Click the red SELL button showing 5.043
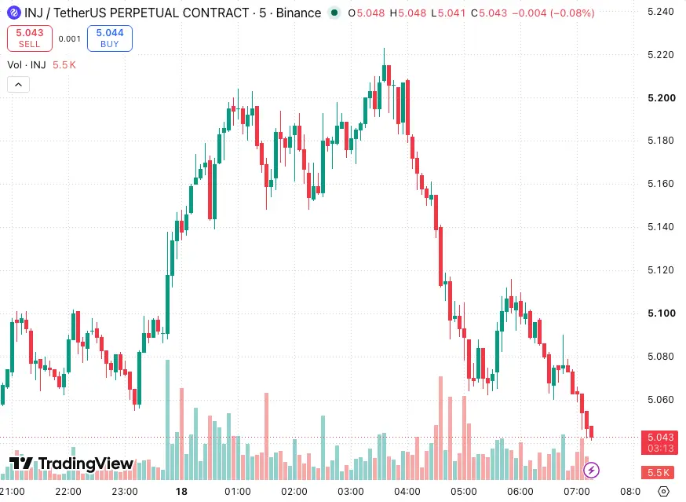[30, 38]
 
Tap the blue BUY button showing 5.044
[110, 38]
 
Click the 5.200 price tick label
[661, 97]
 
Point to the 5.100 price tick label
[661, 313]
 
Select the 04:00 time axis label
[407, 492]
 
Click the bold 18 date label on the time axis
[181, 492]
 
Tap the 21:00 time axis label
[13, 492]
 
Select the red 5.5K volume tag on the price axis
[658, 473]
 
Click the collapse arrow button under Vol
[18, 85]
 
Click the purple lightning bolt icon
[592, 471]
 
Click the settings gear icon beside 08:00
[663, 492]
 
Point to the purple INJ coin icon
[14, 13]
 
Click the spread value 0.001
[70, 39]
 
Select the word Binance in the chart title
[298, 13]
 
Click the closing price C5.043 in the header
[489, 13]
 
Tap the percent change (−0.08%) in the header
[572, 13]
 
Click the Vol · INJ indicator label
[27, 65]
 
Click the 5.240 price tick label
[661, 12]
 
